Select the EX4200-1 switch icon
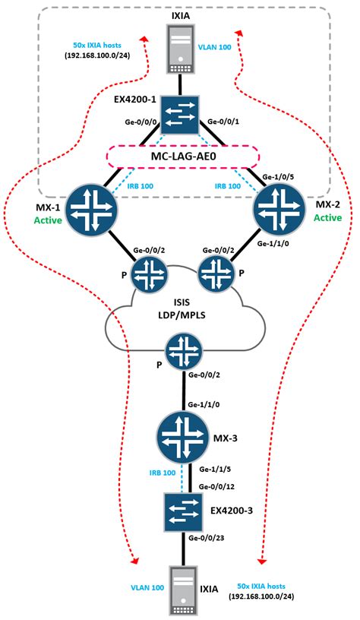point(179,113)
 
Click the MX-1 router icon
point(90,209)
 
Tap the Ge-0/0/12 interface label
point(215,486)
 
